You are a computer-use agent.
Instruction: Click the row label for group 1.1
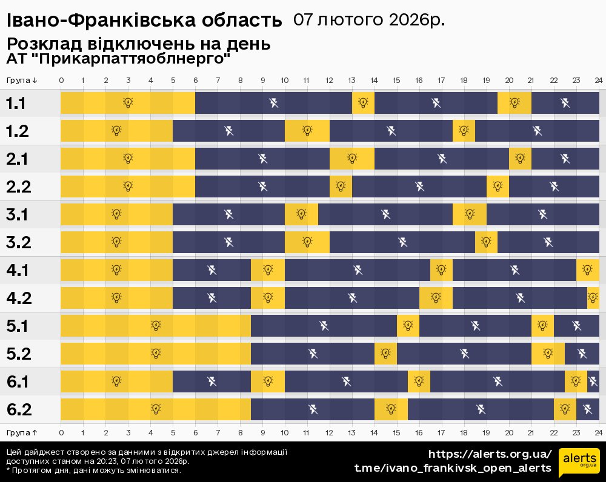click(x=16, y=103)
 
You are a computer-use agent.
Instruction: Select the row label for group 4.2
click(x=18, y=298)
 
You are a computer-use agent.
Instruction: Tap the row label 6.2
click(x=18, y=409)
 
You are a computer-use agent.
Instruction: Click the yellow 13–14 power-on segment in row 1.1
click(x=363, y=103)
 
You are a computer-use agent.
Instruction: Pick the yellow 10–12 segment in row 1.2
click(x=307, y=131)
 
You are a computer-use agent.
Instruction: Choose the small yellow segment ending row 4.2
click(x=593, y=298)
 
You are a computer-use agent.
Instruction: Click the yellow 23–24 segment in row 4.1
click(x=587, y=270)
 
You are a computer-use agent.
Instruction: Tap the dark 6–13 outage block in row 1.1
click(x=273, y=103)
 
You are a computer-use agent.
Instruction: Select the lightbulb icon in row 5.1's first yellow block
click(x=156, y=326)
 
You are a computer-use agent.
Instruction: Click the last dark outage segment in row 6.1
click(x=593, y=381)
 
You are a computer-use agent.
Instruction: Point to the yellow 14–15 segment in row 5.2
click(x=385, y=354)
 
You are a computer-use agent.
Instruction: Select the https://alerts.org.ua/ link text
click(x=490, y=454)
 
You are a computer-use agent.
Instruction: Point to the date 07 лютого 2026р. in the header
click(x=368, y=20)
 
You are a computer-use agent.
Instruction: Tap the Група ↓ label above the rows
click(x=22, y=80)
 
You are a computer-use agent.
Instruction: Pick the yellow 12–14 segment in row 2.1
click(x=352, y=159)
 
